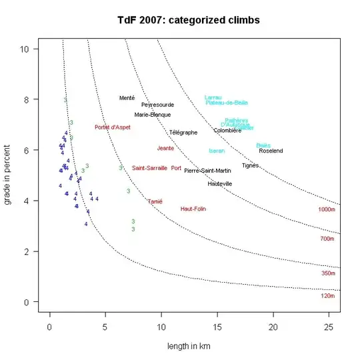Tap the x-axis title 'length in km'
point(189,346)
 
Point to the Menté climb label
point(127,98)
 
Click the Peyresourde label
point(157,105)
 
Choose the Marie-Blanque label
point(152,115)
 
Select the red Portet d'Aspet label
point(112,127)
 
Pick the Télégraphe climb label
point(183,133)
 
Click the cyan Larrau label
point(213,97)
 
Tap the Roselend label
point(271,151)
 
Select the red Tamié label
point(155,201)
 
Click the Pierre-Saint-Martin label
point(207,171)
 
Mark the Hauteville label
point(220,184)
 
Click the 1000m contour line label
point(327,209)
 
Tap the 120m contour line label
point(327,295)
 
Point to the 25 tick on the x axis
point(328,327)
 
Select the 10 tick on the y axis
point(23,49)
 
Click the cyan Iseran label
point(217,151)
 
